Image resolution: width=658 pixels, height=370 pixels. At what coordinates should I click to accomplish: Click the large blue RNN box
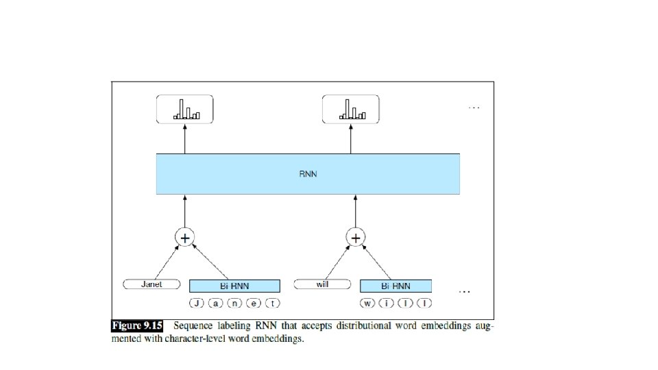[308, 174]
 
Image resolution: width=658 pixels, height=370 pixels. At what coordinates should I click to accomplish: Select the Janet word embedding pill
[151, 284]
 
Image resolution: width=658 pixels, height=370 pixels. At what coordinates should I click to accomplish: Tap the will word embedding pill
[322, 284]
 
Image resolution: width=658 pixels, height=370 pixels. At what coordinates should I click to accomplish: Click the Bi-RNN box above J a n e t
[234, 286]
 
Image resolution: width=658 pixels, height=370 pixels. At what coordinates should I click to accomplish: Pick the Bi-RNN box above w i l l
[395, 286]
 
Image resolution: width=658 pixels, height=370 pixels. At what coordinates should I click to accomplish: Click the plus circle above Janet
[184, 238]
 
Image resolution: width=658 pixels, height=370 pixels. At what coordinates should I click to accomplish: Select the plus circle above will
[355, 238]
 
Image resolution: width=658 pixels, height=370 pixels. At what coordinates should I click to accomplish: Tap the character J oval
[197, 302]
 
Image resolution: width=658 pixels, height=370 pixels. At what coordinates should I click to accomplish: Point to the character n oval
[235, 302]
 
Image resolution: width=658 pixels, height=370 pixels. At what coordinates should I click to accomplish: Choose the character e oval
[254, 302]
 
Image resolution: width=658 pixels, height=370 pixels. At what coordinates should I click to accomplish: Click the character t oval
[273, 302]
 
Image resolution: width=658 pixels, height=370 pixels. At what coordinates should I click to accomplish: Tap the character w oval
[368, 302]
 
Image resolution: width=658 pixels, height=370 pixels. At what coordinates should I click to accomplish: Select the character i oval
[388, 302]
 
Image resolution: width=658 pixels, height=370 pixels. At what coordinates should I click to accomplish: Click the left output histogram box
[185, 110]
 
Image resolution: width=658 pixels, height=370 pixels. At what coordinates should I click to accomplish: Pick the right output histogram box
[351, 110]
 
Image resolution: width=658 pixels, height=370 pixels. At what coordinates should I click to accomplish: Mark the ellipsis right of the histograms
[474, 108]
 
